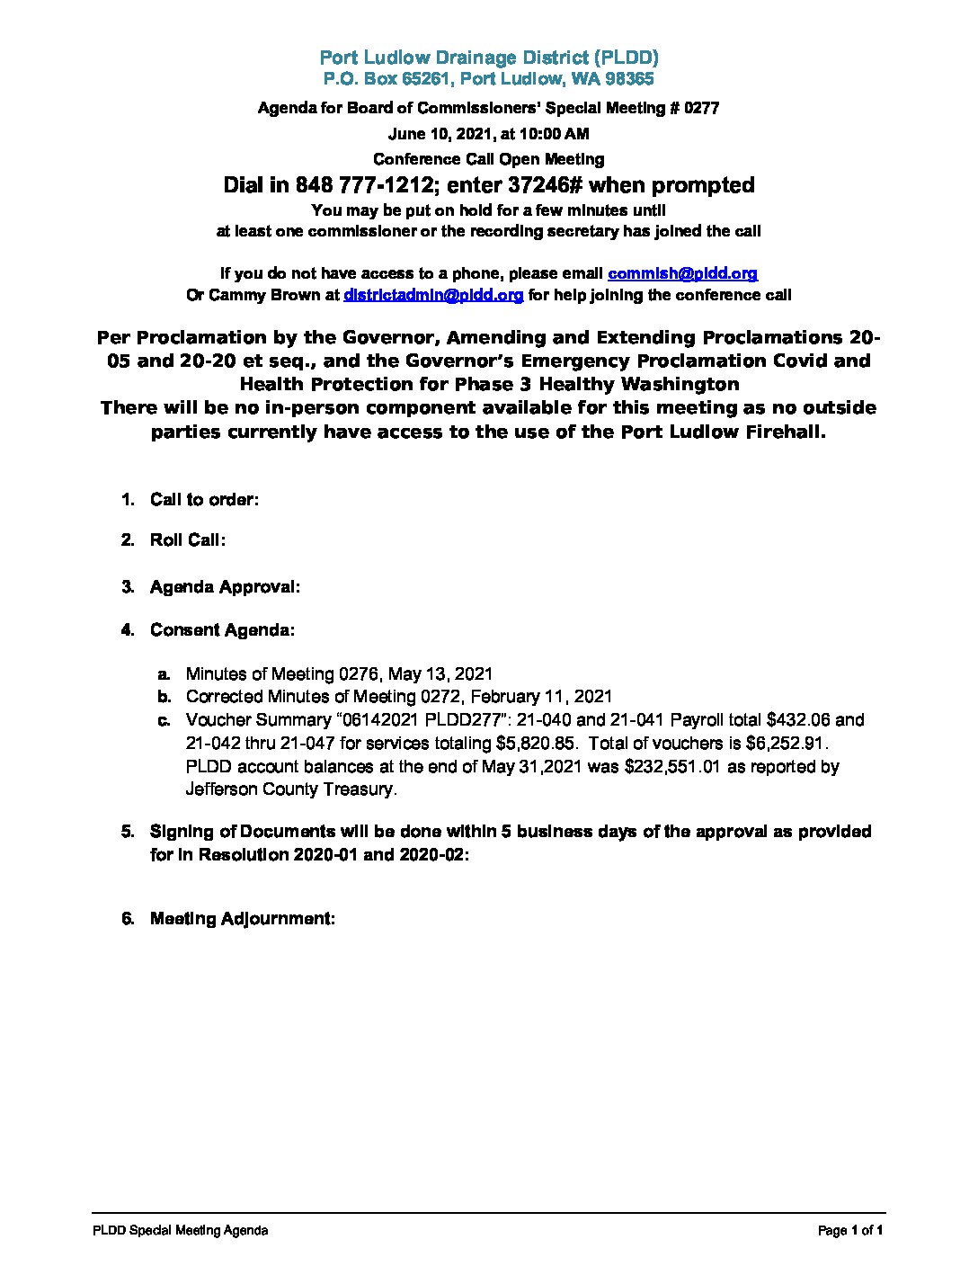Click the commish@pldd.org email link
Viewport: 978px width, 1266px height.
[x=682, y=273]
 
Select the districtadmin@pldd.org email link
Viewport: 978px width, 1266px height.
[x=432, y=295]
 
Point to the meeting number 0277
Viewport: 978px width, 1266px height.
[x=701, y=108]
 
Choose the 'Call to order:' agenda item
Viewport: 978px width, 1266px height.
[x=204, y=500]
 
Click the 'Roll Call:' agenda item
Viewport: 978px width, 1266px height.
[x=187, y=539]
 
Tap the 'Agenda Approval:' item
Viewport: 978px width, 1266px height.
[x=225, y=587]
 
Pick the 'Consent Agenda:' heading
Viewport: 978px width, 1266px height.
[x=222, y=630]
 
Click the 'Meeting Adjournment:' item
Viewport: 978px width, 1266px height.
[x=242, y=919]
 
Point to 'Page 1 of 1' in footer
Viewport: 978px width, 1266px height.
[x=849, y=1231]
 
